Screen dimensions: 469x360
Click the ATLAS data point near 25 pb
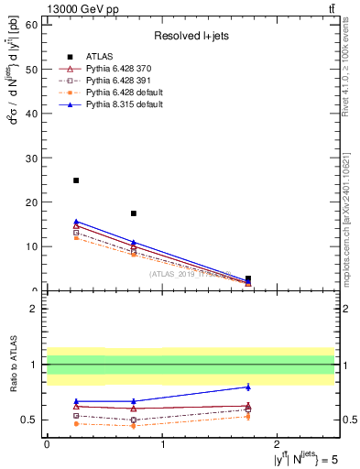click(x=76, y=180)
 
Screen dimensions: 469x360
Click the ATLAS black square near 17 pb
click(x=134, y=213)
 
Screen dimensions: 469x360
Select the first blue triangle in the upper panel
click(x=76, y=221)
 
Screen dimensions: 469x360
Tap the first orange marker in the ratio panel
click(x=76, y=423)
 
